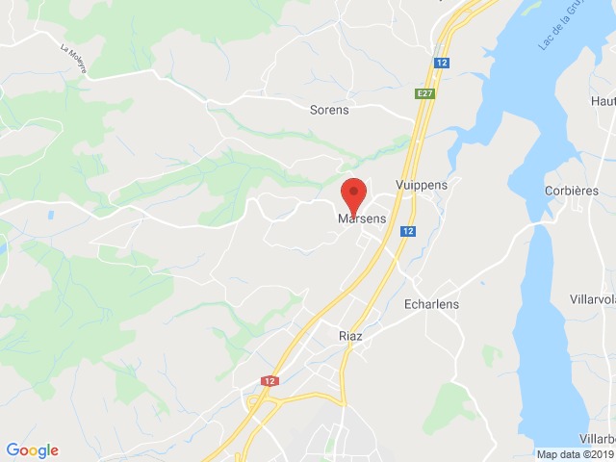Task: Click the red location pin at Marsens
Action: [x=353, y=194]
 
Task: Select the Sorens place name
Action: [x=329, y=110]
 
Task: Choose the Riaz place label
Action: [x=350, y=336]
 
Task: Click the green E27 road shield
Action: [x=425, y=93]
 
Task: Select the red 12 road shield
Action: [x=264, y=381]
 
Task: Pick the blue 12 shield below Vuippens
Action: [x=409, y=232]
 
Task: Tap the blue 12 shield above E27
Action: [x=439, y=63]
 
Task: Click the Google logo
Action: [x=32, y=449]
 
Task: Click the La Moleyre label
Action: [x=73, y=59]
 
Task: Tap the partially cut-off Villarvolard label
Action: [x=591, y=299]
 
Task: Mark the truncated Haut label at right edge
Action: [x=603, y=100]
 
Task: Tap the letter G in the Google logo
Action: [x=13, y=449]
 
